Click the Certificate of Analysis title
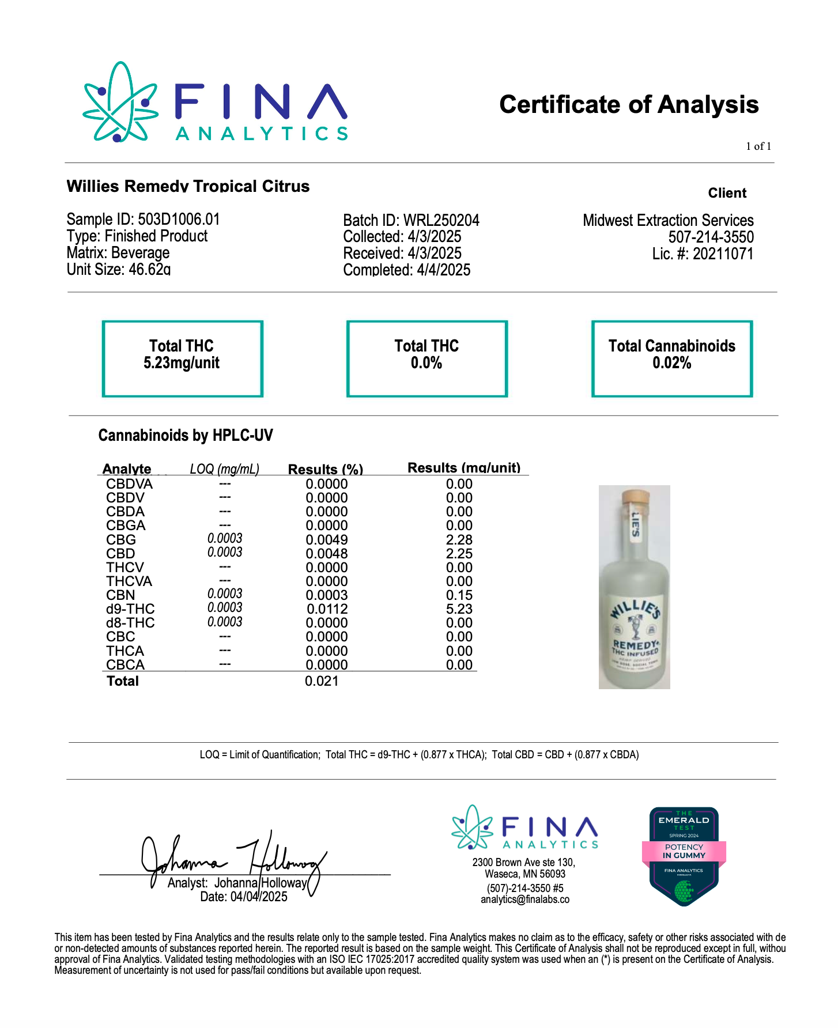(629, 105)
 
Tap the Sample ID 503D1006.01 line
(143, 220)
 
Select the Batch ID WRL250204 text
(411, 221)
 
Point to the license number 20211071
(703, 254)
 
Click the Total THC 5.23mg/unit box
(182, 358)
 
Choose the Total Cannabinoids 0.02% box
(671, 358)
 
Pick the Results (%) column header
(326, 469)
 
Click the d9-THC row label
(130, 609)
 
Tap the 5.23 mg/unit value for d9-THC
(459, 609)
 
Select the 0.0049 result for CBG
(327, 540)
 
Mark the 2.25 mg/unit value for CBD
(459, 554)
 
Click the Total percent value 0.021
(322, 681)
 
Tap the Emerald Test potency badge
(684, 856)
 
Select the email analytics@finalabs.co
(525, 899)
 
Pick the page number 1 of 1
(758, 146)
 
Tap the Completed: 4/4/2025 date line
(407, 270)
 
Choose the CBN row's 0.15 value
(459, 595)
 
